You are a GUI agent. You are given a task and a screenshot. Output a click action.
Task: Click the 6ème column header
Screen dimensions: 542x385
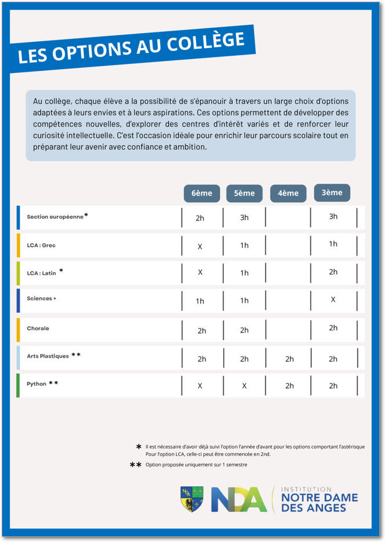(x=202, y=193)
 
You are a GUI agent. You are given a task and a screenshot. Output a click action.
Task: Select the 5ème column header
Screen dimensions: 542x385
(x=244, y=193)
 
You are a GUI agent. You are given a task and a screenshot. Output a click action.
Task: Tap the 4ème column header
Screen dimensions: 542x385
(x=288, y=193)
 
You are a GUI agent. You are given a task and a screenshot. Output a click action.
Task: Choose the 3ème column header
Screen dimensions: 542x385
(x=332, y=193)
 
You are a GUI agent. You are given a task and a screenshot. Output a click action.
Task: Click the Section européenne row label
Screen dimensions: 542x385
(x=55, y=216)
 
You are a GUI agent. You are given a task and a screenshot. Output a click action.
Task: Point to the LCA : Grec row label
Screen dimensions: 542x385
(x=41, y=245)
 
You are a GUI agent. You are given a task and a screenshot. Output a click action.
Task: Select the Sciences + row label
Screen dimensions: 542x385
(x=41, y=298)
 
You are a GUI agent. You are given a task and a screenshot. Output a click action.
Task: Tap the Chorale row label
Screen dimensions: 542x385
(x=38, y=328)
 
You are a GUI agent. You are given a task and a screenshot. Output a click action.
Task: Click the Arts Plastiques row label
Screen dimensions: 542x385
(x=48, y=356)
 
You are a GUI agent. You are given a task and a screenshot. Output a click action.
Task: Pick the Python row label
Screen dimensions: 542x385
(x=35, y=384)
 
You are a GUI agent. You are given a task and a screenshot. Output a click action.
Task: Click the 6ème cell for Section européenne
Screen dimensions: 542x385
(x=200, y=218)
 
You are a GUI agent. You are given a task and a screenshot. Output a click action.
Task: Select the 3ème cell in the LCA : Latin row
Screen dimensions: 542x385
(x=333, y=272)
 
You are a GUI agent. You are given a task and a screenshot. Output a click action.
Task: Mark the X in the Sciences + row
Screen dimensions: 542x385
(x=333, y=299)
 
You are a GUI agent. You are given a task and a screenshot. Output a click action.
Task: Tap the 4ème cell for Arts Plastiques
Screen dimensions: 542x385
(x=289, y=359)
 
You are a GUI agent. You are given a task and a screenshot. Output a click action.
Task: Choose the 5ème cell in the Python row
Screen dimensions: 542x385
(x=244, y=386)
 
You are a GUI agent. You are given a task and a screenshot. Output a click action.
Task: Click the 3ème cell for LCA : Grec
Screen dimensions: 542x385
(x=333, y=244)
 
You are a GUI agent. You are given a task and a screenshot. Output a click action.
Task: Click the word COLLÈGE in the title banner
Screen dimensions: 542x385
(x=206, y=44)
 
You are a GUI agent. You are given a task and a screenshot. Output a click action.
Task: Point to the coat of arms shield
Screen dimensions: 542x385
(x=192, y=498)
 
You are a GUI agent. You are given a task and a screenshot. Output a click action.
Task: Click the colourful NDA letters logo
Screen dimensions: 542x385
(x=239, y=499)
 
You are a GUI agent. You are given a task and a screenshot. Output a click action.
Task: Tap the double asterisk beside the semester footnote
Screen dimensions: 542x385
(x=136, y=465)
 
